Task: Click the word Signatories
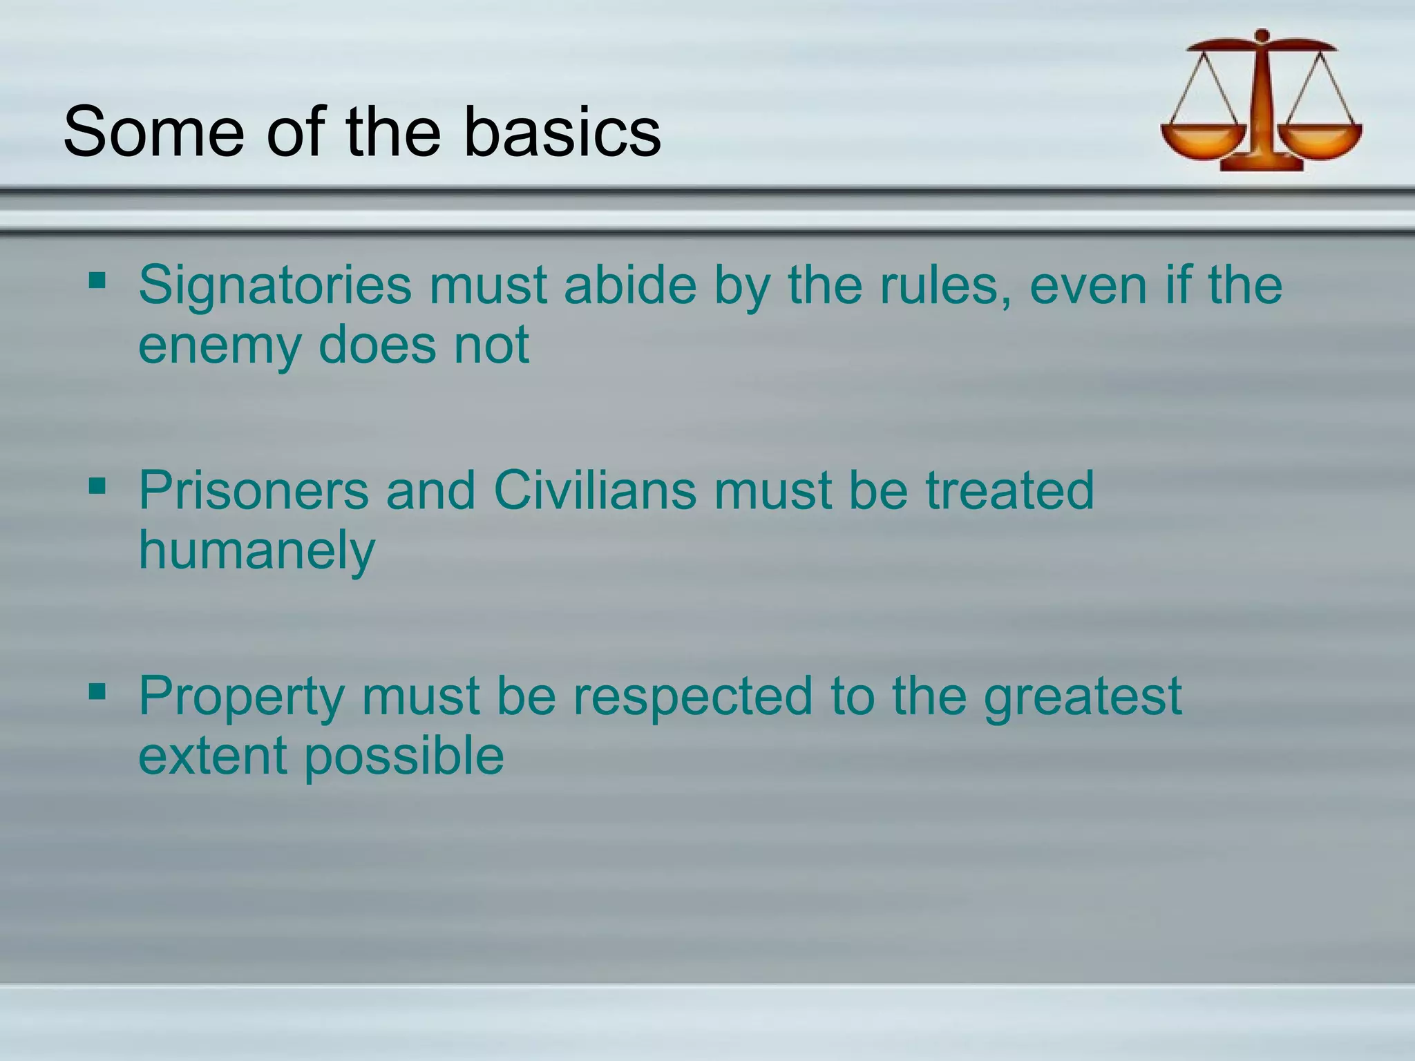coord(275,285)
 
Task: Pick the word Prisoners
coord(254,490)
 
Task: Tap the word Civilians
coord(595,490)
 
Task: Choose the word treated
coord(1009,490)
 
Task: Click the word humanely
coord(256,551)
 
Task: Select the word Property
coord(241,696)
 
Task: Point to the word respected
coord(693,696)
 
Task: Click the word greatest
coord(1083,696)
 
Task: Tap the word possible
coord(404,756)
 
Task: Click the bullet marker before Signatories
coord(97,281)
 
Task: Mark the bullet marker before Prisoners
coord(97,486)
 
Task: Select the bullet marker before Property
coord(97,691)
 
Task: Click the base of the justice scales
coord(1262,163)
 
